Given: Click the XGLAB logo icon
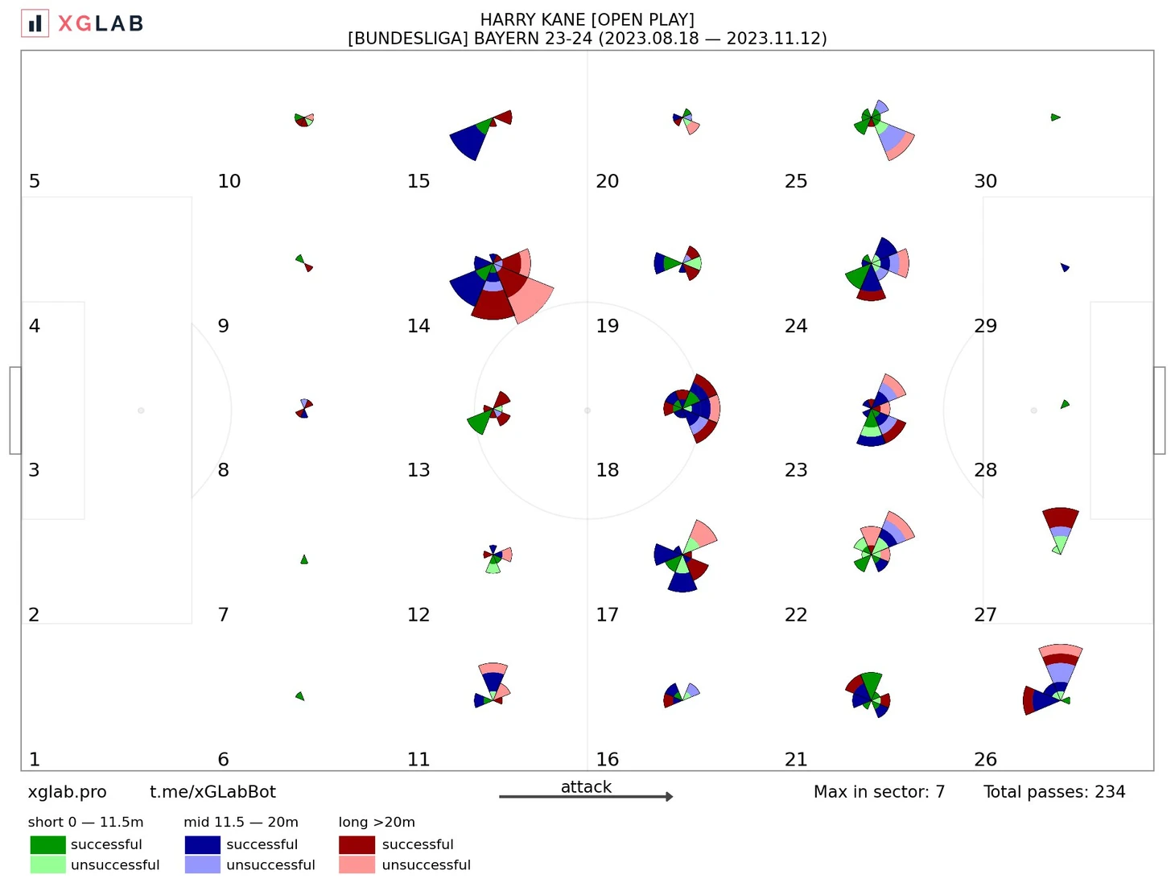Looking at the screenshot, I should [x=35, y=23].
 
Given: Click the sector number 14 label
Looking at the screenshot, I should [x=418, y=326].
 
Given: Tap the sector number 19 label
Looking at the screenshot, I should [x=607, y=326].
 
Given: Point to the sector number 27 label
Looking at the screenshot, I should [x=985, y=615].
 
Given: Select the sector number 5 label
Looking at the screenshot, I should [x=35, y=181].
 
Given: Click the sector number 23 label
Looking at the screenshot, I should [x=796, y=470].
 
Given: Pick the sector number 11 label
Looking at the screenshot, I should [x=418, y=759].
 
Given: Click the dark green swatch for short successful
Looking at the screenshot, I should [x=47, y=844].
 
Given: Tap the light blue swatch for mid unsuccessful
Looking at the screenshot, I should [x=202, y=864].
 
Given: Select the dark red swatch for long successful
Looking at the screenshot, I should [x=357, y=844].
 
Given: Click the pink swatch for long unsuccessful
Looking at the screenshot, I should [x=357, y=864].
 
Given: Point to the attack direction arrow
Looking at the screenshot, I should [x=586, y=797].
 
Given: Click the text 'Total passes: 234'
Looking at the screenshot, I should [x=1054, y=792].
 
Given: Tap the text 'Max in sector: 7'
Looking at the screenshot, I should [x=879, y=792].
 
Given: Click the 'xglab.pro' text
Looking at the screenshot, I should [x=67, y=792].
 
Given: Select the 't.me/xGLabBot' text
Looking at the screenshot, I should [x=212, y=792].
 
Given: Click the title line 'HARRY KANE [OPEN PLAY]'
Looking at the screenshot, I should [x=587, y=19].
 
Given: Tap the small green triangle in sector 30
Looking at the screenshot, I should [x=1055, y=118].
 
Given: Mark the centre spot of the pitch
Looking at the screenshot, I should [x=587, y=410].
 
